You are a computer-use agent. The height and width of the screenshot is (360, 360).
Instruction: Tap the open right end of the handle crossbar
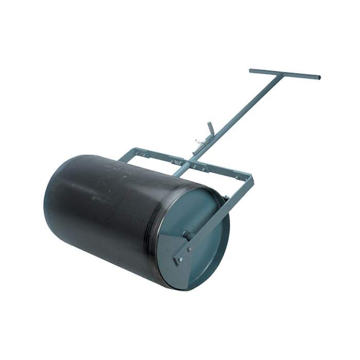(x=319, y=78)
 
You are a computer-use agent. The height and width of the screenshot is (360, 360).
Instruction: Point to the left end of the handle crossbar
(x=251, y=70)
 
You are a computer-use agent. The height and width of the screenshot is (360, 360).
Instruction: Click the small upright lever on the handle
(x=210, y=128)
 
